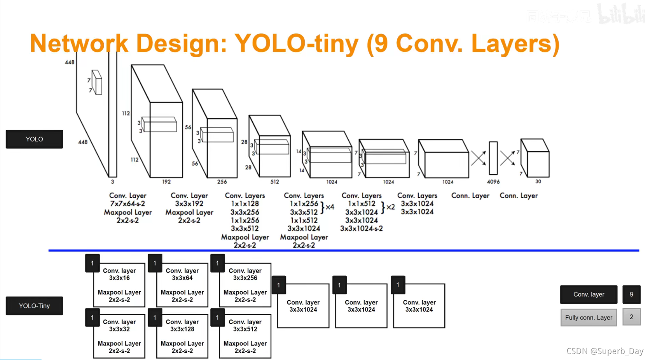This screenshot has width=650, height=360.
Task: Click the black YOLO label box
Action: [x=34, y=139]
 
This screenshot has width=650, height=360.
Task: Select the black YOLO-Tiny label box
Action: [x=34, y=306]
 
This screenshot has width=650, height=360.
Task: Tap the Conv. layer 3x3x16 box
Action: [x=119, y=285]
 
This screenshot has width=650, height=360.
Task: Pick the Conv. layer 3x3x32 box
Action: [x=119, y=336]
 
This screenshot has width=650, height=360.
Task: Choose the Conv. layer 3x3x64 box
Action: [x=182, y=285]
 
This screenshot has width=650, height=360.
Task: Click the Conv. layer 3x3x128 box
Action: [x=182, y=336]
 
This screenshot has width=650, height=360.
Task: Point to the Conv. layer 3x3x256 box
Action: [x=245, y=285]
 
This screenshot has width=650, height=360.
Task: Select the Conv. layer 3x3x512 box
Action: [x=245, y=336]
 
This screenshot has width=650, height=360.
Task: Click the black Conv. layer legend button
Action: [x=589, y=294]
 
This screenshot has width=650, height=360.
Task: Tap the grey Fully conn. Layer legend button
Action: [x=589, y=317]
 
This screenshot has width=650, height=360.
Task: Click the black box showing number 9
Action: [x=631, y=294]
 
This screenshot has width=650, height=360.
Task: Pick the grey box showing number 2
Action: [x=631, y=317]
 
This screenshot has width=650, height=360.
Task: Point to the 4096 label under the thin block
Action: [x=493, y=181]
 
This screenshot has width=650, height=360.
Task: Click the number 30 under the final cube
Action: [x=538, y=181]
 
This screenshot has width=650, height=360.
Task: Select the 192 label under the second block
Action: [x=166, y=181]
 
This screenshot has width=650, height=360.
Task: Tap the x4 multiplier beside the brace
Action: [x=330, y=207]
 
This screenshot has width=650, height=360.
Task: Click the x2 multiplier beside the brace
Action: [x=391, y=207]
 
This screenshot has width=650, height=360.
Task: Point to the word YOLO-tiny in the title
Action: [x=296, y=44]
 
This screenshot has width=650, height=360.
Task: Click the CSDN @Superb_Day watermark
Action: [x=604, y=351]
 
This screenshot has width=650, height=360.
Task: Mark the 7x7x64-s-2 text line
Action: [x=128, y=204]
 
